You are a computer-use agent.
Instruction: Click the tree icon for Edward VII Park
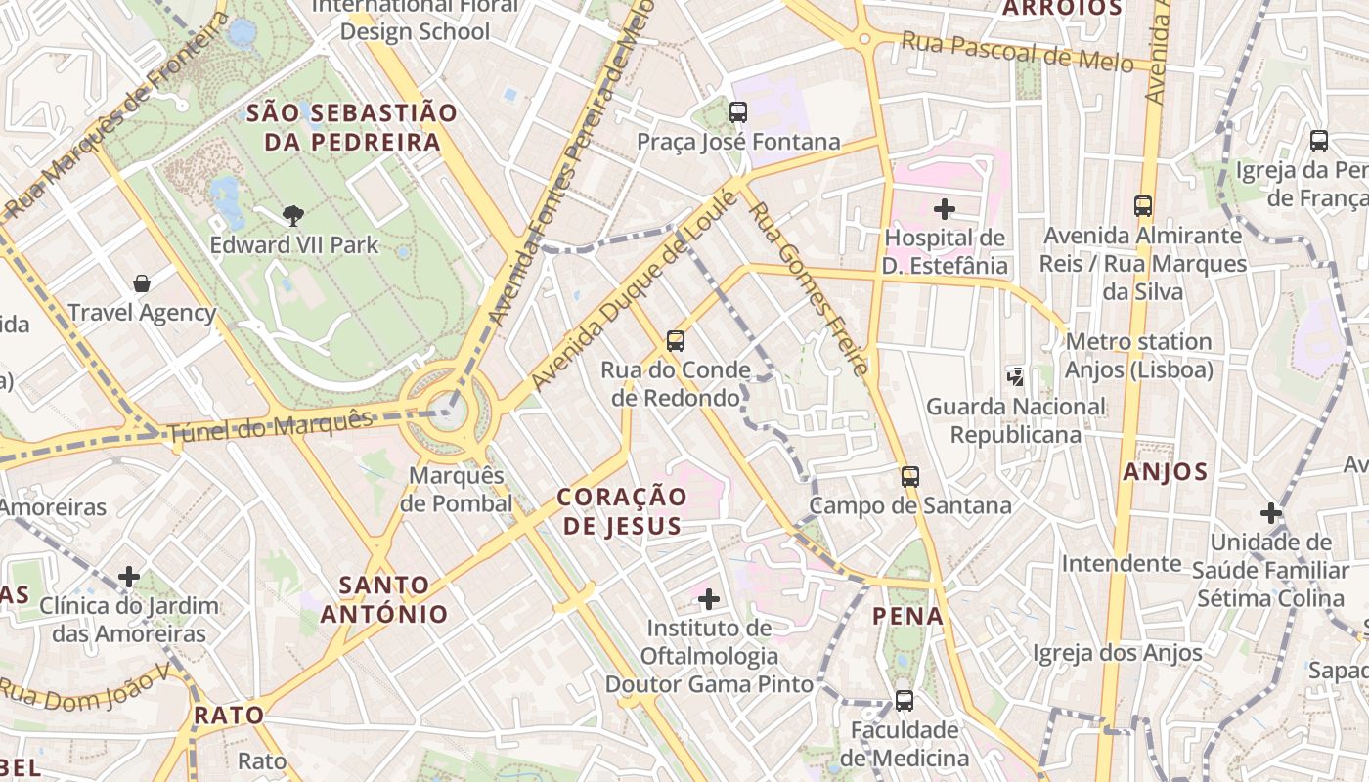click(292, 215)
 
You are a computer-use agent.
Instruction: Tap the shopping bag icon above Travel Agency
click(142, 283)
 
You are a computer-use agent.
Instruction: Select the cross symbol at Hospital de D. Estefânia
click(944, 208)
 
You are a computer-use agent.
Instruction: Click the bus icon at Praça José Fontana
click(738, 111)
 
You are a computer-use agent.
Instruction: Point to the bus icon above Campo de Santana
click(910, 477)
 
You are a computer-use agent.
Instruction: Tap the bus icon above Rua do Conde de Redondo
click(676, 341)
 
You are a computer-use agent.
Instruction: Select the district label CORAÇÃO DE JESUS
click(622, 511)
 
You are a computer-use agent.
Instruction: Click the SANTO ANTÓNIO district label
click(384, 600)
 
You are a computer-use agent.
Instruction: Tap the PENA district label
click(908, 616)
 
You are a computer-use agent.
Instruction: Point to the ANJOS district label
click(1165, 472)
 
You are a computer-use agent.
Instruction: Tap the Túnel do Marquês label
click(271, 427)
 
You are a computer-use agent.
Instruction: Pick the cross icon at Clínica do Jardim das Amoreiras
click(129, 577)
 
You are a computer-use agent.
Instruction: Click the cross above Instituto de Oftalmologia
click(709, 598)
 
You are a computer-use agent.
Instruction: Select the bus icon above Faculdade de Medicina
click(905, 701)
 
